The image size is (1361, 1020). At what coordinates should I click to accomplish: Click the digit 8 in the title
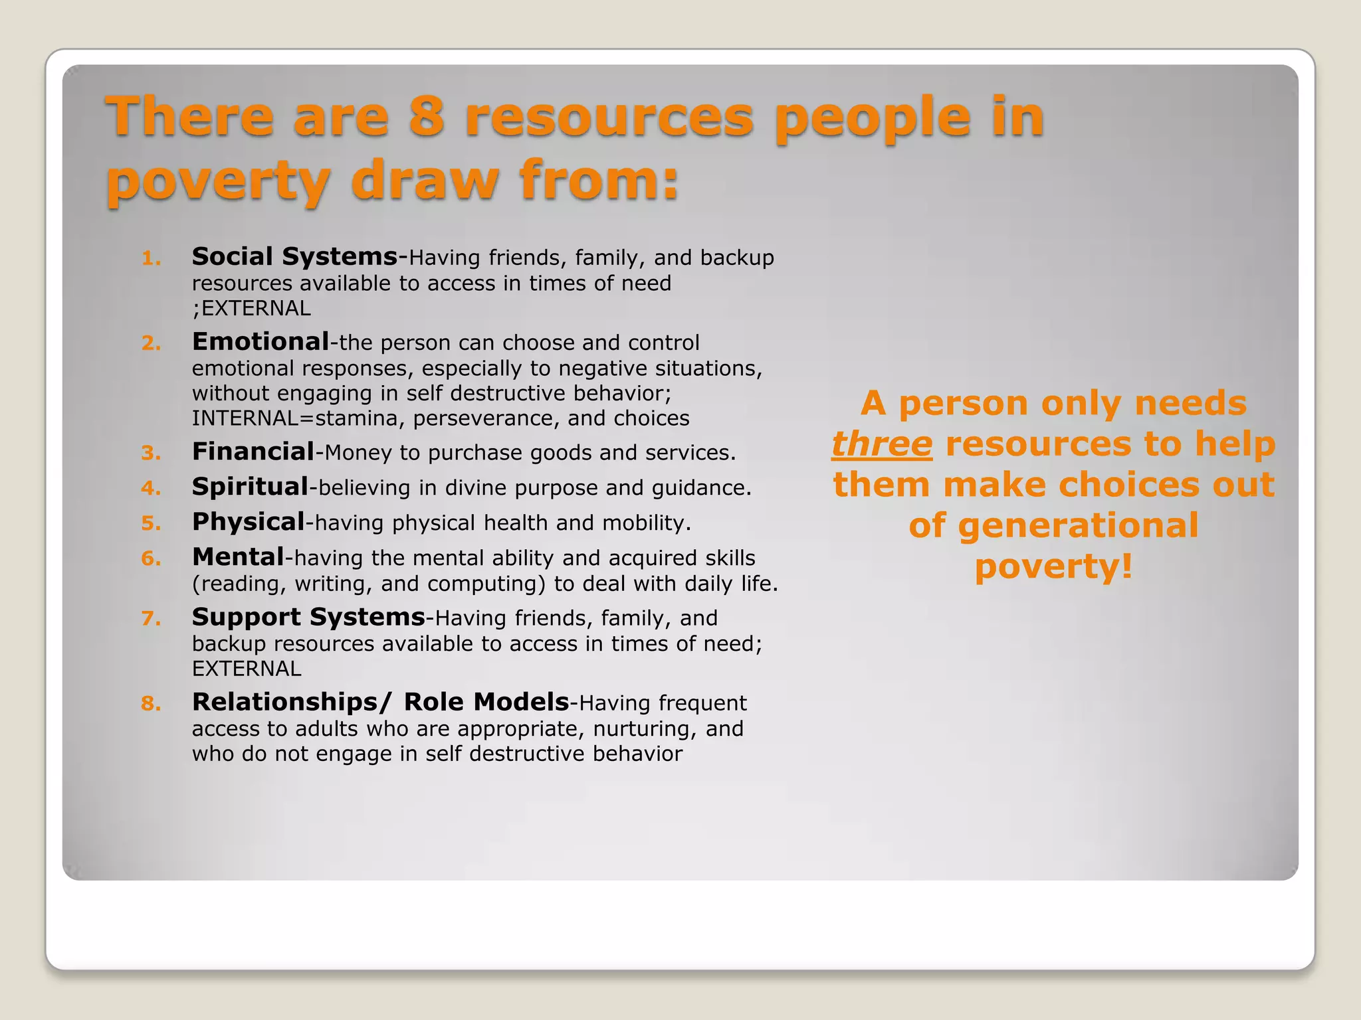click(426, 116)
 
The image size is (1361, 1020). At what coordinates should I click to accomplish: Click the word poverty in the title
click(217, 181)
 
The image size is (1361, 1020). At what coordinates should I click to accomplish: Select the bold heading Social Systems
click(294, 256)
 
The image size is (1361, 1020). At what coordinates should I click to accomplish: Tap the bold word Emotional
click(260, 341)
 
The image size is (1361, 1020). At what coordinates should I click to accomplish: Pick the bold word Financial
click(253, 452)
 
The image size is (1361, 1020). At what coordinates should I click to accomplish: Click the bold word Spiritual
click(250, 487)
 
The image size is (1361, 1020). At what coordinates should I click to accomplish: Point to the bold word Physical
click(248, 522)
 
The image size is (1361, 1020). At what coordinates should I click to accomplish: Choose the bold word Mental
click(238, 556)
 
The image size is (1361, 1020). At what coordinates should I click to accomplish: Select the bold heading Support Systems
click(308, 617)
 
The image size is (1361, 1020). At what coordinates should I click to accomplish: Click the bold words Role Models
click(486, 702)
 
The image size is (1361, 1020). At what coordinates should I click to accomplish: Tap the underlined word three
click(881, 444)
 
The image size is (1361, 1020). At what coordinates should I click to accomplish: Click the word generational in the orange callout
click(1078, 525)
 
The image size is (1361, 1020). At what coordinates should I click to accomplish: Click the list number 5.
click(151, 524)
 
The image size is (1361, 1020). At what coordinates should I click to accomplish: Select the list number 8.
click(151, 704)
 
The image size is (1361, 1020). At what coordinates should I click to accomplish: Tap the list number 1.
click(151, 258)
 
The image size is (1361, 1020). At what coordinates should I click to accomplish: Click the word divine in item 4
click(476, 488)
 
